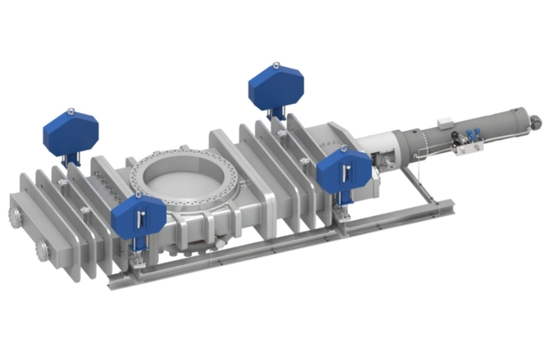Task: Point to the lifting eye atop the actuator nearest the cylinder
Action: coord(343,149)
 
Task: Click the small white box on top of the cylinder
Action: coord(446,124)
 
